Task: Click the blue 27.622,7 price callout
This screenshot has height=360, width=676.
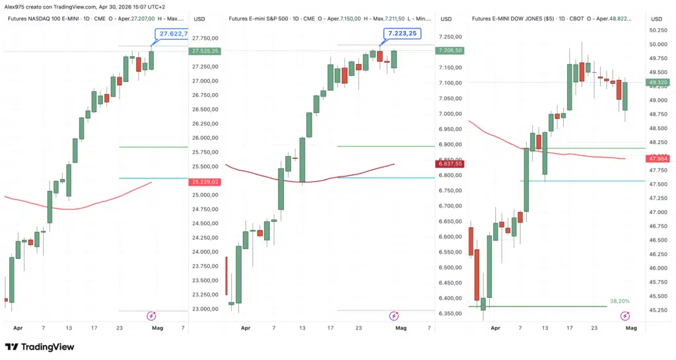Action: click(172, 34)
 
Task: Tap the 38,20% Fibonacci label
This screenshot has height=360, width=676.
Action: click(619, 301)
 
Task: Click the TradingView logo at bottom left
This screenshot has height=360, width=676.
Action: click(40, 347)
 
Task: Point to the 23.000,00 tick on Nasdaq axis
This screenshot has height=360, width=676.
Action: click(205, 309)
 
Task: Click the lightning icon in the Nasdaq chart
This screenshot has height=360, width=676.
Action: click(151, 316)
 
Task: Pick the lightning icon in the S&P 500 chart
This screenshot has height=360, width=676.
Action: click(394, 316)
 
